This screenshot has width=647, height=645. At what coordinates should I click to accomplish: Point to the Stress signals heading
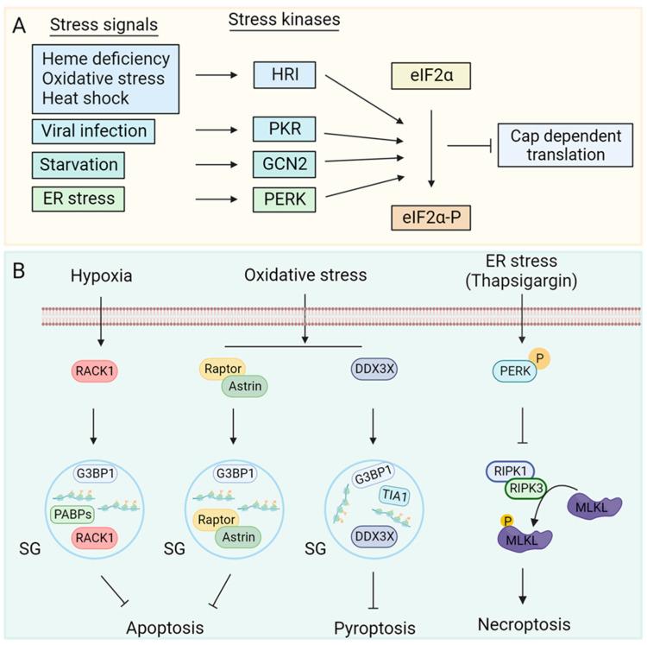click(104, 25)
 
